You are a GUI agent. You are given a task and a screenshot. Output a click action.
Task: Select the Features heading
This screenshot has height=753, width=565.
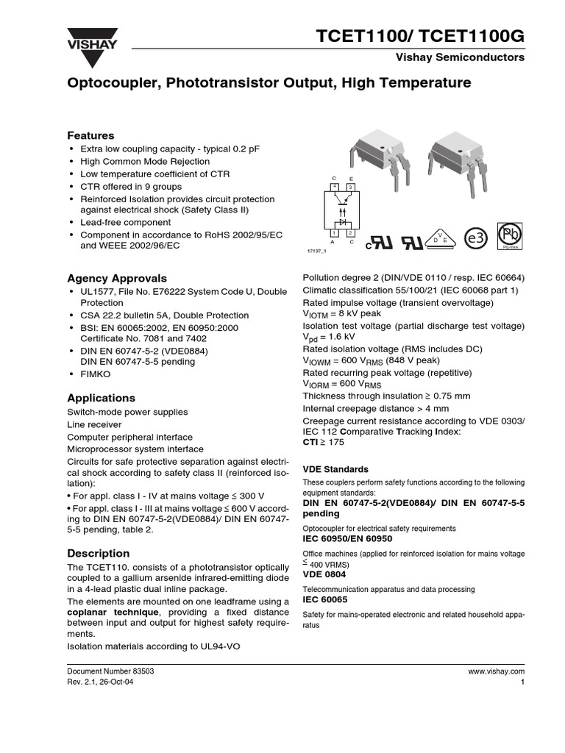(90, 136)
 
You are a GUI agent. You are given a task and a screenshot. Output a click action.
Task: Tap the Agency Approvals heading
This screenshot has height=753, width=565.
(117, 278)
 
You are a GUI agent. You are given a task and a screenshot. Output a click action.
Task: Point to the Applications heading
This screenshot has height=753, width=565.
(101, 398)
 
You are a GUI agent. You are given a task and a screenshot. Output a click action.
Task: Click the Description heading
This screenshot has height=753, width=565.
(98, 553)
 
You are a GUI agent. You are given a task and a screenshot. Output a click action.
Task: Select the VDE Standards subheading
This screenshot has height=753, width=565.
(335, 469)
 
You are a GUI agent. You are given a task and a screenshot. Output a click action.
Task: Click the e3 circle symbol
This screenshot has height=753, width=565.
(476, 238)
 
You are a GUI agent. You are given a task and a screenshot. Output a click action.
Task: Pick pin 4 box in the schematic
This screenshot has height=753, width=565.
(335, 187)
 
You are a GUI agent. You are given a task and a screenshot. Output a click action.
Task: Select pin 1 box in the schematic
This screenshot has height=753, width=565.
(335, 233)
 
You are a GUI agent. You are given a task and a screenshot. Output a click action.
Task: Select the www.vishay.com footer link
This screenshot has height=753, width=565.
(496, 672)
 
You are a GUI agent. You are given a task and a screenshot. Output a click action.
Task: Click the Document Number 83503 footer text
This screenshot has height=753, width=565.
(110, 672)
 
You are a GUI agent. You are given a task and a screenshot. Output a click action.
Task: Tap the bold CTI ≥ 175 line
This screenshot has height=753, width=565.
(323, 443)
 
